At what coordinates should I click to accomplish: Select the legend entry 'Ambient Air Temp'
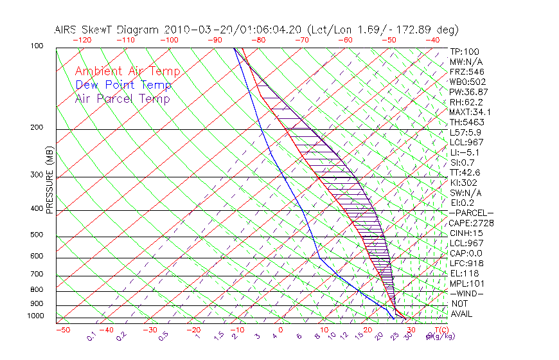pos(127,71)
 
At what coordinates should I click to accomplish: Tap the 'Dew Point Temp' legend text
pos(123,85)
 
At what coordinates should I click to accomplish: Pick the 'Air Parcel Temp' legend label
pos(122,98)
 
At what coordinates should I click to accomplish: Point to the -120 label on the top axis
pos(82,40)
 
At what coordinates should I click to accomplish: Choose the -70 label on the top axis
pos(301,40)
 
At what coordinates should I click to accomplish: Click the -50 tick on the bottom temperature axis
pos(62,330)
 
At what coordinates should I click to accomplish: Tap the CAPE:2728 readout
pos(468,223)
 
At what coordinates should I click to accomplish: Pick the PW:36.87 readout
pos(469,92)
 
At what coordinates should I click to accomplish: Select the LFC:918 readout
pos(466,263)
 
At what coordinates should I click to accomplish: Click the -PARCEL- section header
pos(472,213)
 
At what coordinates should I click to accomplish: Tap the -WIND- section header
pos(468,293)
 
